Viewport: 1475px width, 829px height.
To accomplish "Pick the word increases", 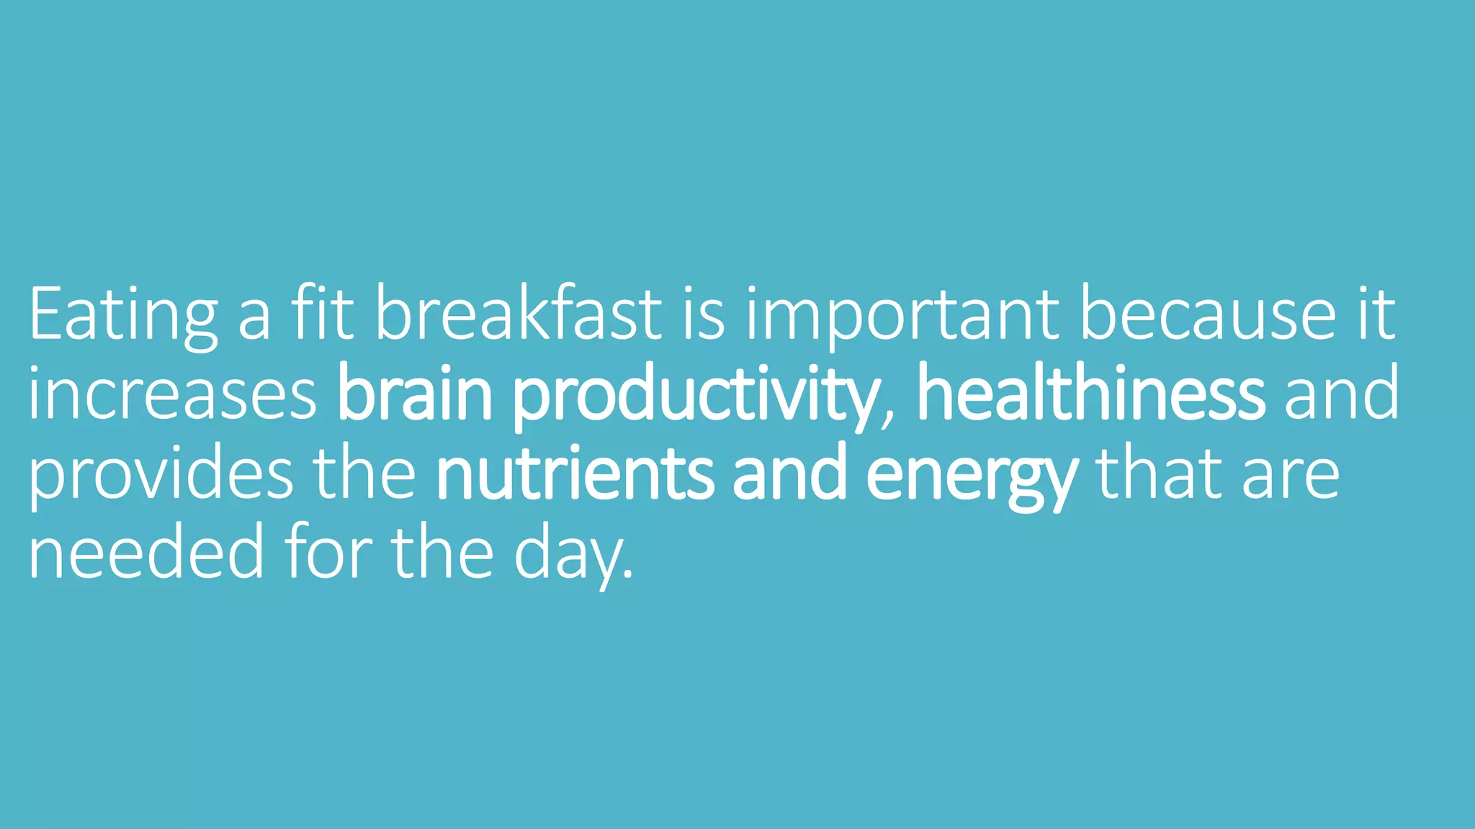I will click(172, 394).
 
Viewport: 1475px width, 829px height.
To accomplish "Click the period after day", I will click(628, 575).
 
